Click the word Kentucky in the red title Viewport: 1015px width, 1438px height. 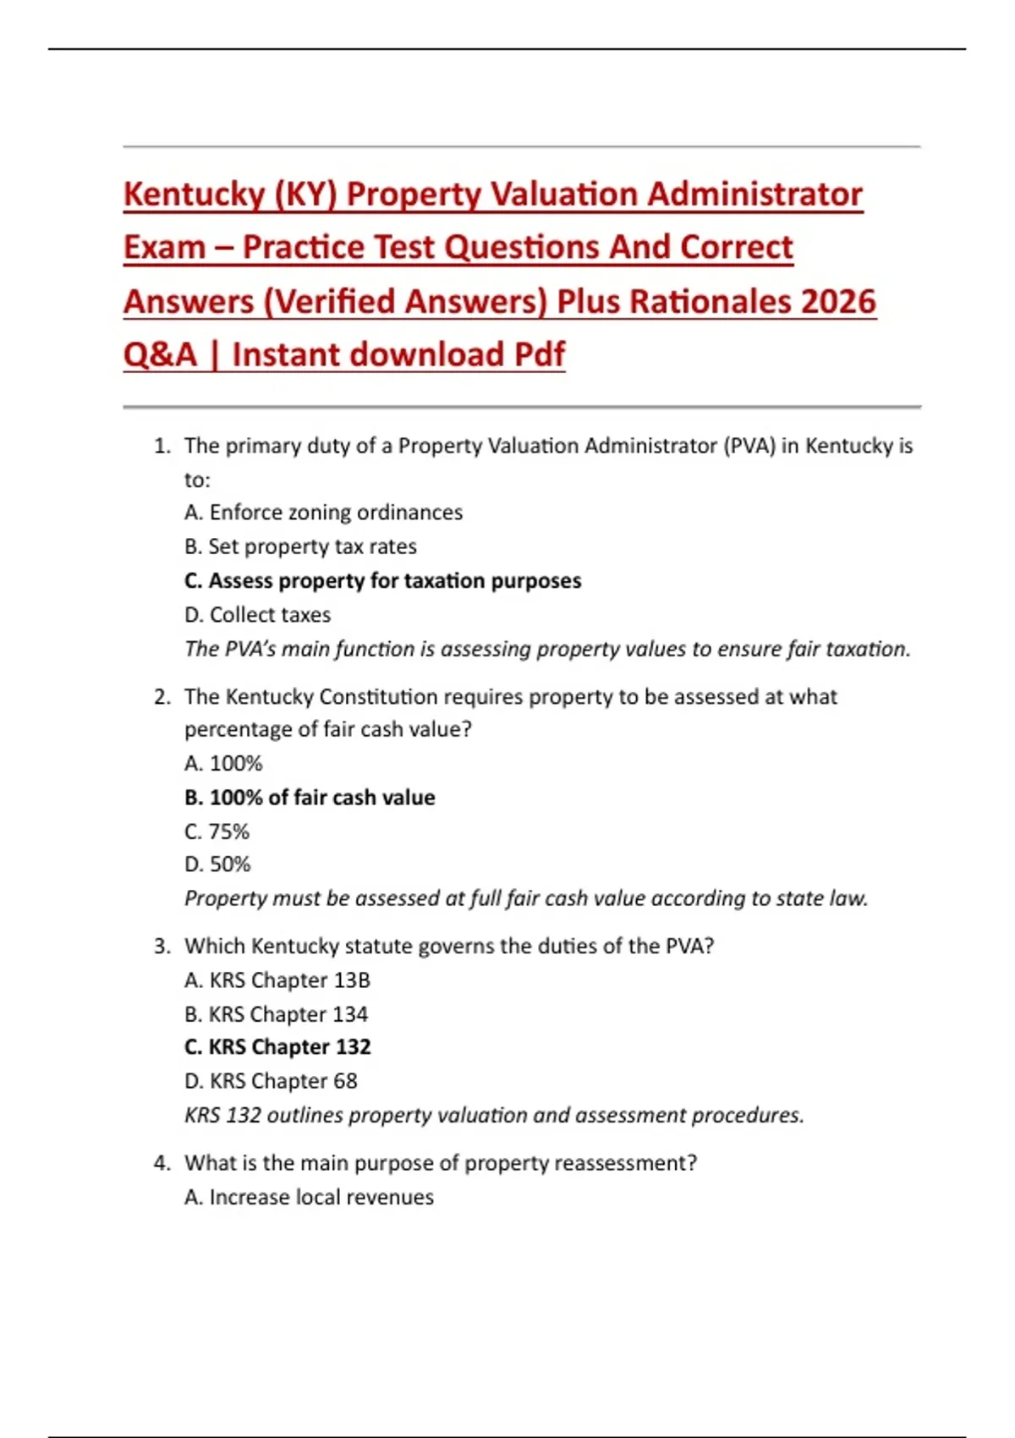click(195, 195)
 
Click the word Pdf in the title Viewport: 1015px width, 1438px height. click(539, 355)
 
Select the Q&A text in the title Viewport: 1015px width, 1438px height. click(160, 355)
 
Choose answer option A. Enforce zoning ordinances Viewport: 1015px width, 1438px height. click(323, 513)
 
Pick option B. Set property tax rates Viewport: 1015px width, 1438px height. click(300, 546)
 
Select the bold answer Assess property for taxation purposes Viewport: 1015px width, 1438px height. click(382, 581)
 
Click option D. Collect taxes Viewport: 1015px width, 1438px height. click(257, 615)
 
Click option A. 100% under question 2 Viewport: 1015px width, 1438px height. click(223, 764)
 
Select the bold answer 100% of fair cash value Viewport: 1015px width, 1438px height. click(310, 798)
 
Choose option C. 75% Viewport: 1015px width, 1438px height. click(217, 832)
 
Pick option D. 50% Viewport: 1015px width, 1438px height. click(217, 864)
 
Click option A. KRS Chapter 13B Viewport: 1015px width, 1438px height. click(277, 980)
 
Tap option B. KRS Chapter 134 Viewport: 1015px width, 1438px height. click(276, 1014)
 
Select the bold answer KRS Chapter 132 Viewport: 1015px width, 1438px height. click(277, 1047)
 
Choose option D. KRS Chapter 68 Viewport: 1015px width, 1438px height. click(271, 1081)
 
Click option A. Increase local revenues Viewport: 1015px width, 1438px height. click(309, 1197)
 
